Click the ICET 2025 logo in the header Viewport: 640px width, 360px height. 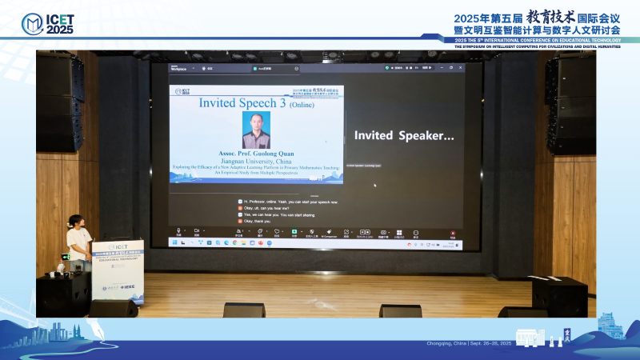point(49,23)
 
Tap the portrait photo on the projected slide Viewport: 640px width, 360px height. point(256,130)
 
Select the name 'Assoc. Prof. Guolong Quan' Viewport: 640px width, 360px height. point(256,154)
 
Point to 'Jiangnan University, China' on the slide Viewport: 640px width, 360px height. point(256,160)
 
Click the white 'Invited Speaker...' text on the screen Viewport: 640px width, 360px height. point(404,136)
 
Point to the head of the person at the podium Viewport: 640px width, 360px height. point(74,221)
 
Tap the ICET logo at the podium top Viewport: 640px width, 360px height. point(117,248)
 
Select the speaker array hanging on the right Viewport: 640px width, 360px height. point(570,104)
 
